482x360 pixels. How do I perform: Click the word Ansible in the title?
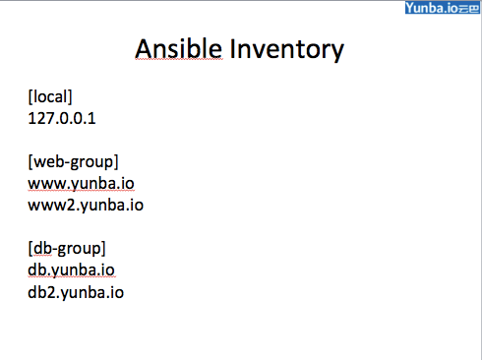[179, 48]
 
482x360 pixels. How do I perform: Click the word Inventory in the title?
[287, 50]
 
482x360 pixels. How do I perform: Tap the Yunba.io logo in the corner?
[443, 8]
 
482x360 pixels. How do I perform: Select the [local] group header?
[50, 96]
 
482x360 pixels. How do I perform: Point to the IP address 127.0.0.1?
[62, 118]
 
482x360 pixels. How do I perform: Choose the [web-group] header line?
[73, 162]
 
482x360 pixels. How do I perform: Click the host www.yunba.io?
[81, 184]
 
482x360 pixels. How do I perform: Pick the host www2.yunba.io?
[86, 206]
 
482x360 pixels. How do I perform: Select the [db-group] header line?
[67, 249]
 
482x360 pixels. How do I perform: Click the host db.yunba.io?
[71, 270]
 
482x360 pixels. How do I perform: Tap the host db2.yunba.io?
[76, 292]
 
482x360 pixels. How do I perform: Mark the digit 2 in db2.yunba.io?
[52, 292]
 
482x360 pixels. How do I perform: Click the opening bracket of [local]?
[30, 97]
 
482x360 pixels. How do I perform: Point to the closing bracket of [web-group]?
[116, 162]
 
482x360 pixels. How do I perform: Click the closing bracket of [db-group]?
[103, 249]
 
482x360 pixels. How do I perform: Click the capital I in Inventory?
[232, 48]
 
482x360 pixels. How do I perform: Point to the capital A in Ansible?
[145, 49]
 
